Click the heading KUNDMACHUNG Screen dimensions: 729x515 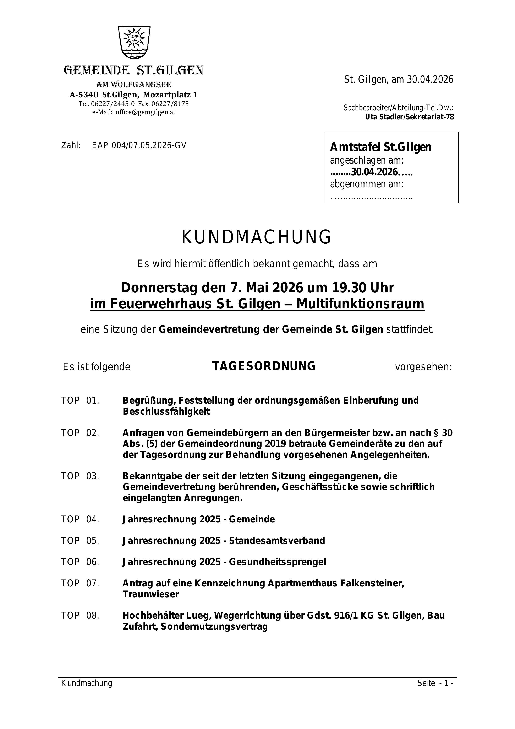[257, 237]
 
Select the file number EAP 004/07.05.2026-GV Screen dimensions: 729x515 [139, 145]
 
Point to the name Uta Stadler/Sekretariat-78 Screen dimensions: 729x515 [409, 117]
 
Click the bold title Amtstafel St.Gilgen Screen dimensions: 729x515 [380, 147]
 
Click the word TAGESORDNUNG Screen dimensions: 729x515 [264, 366]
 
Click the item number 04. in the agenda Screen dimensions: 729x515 [93, 519]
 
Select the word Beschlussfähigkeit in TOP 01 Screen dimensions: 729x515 [166, 412]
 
